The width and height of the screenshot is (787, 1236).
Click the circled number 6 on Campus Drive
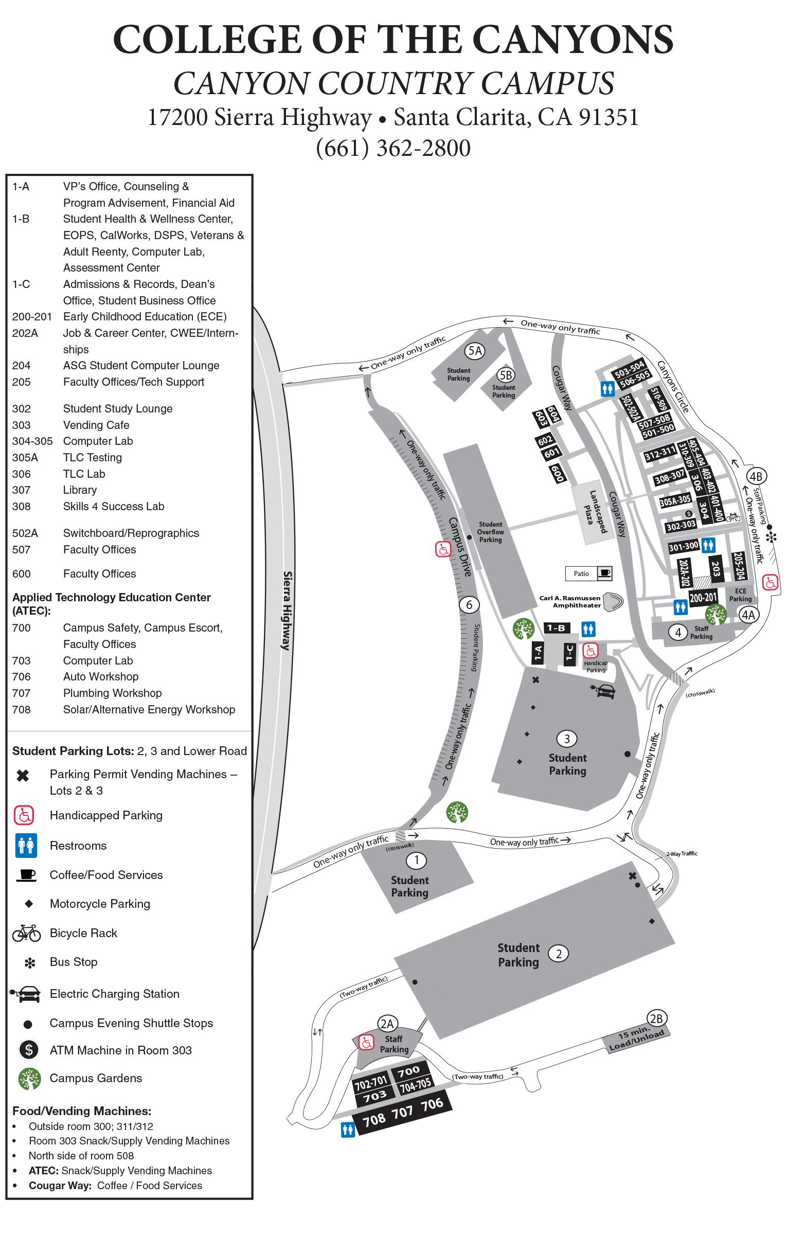tap(469, 604)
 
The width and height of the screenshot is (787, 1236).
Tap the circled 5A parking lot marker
tap(474, 351)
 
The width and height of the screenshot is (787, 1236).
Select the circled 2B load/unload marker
tap(656, 1018)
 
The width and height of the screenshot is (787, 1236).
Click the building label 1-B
tap(556, 628)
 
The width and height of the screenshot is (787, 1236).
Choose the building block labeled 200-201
tap(703, 598)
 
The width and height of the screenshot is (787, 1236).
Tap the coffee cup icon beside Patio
tap(604, 572)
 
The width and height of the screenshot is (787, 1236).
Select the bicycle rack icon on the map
tap(733, 517)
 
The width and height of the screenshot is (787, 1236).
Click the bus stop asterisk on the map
tap(771, 537)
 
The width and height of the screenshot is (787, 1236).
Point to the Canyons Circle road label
tap(673, 386)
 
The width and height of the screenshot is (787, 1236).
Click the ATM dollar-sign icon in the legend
tap(29, 1050)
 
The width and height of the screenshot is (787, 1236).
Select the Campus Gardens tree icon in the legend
tap(29, 1078)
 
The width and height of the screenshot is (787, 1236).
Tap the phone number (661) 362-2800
tap(393, 148)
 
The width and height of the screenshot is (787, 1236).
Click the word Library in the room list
tap(80, 490)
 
